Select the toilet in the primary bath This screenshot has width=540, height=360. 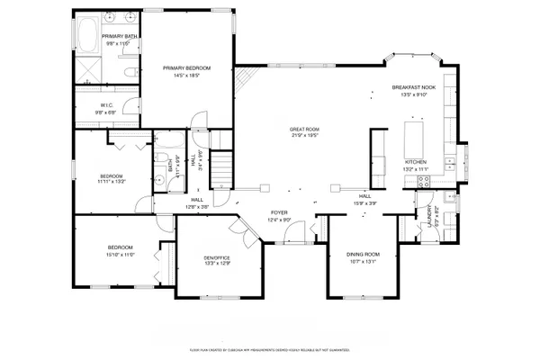pyautogui.click(x=128, y=72)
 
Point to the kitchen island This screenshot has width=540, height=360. pyautogui.click(x=415, y=140)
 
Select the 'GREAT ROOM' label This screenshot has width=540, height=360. pyautogui.click(x=304, y=130)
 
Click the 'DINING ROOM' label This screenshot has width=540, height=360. pyautogui.click(x=363, y=255)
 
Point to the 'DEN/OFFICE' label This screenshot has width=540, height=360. pyautogui.click(x=219, y=258)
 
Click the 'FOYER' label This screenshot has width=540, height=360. pyautogui.click(x=279, y=213)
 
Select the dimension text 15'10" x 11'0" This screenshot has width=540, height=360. pyautogui.click(x=121, y=255)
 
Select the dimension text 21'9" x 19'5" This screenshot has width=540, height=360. pyautogui.click(x=304, y=137)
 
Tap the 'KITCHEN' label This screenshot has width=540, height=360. pyautogui.click(x=415, y=162)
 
